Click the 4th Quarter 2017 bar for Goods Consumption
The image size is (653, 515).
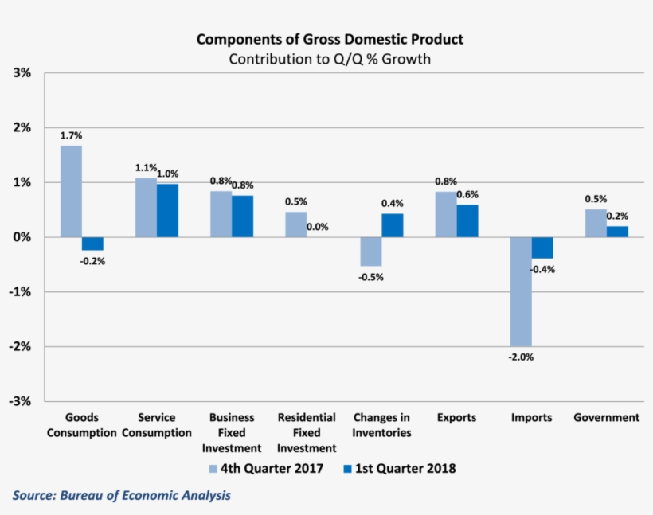coord(71,191)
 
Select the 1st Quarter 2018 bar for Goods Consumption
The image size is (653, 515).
coord(92,244)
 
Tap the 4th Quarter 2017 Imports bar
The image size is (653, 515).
coord(521,291)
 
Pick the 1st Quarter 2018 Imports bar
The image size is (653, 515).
coord(542,248)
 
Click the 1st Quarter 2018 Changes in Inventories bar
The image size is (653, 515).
coord(393,225)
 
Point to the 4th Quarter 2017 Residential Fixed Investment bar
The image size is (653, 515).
coord(296,224)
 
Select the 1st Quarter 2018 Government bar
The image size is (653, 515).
coord(617,232)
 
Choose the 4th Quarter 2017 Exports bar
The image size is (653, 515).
coord(446,214)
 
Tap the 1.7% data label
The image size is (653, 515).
coord(70,135)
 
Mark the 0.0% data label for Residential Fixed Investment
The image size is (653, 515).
coord(318,227)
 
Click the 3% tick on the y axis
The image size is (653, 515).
coord(22,73)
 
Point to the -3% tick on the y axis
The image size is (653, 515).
coord(20,401)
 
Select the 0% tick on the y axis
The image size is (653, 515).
coord(22,237)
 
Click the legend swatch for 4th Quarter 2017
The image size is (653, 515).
coord(214,468)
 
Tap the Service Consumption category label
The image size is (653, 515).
coord(157,425)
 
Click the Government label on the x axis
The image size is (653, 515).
coord(606,417)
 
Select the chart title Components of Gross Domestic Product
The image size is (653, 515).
coord(330,40)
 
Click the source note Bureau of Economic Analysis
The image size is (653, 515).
coord(121,495)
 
